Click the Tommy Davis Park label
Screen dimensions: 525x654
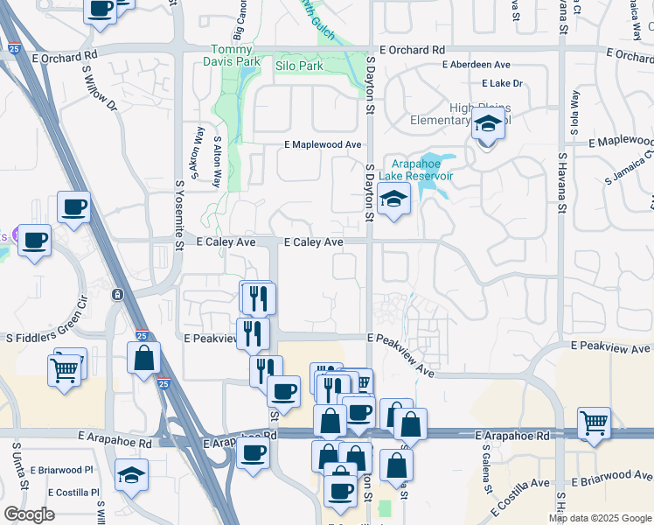click(235, 56)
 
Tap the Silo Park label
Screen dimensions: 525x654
click(299, 66)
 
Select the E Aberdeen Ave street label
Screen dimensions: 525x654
click(477, 65)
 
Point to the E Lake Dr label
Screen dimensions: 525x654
click(502, 83)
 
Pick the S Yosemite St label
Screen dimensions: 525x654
click(178, 214)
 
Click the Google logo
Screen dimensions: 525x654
click(30, 514)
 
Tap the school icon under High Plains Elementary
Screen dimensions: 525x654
click(488, 127)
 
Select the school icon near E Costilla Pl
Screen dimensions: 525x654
click(131, 475)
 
